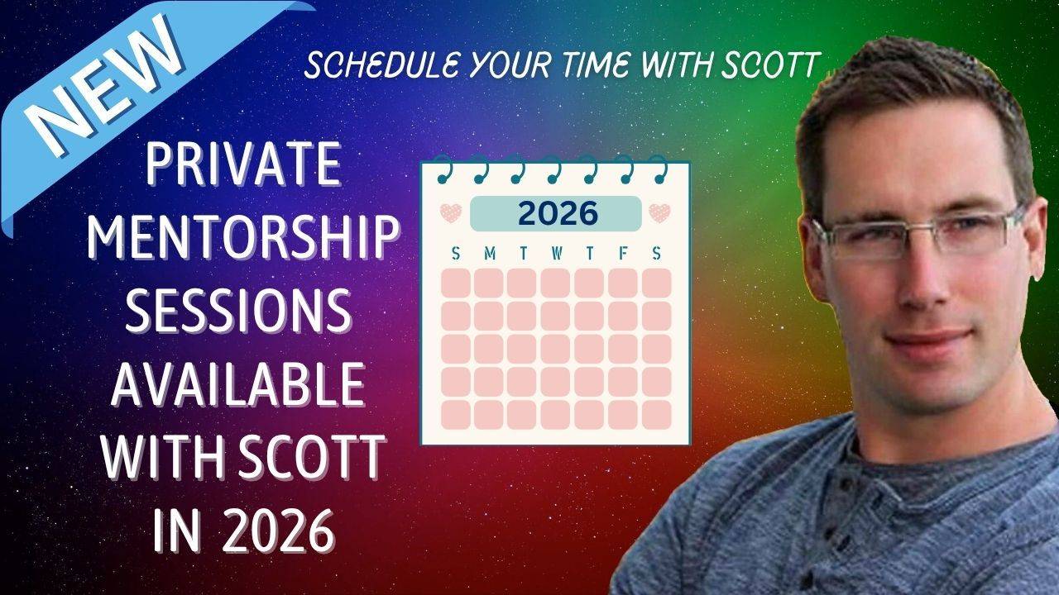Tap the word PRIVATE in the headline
[243, 164]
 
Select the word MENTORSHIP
[243, 236]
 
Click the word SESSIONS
[239, 310]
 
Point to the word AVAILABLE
[239, 384]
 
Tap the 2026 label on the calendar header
[558, 213]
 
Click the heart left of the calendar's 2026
[451, 213]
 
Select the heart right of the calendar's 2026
[659, 213]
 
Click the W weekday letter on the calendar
[557, 254]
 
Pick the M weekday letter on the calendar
[490, 254]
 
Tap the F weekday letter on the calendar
[623, 254]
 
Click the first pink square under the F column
[623, 283]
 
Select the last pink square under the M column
[489, 415]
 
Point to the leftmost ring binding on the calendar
[443, 169]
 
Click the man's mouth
[929, 341]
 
